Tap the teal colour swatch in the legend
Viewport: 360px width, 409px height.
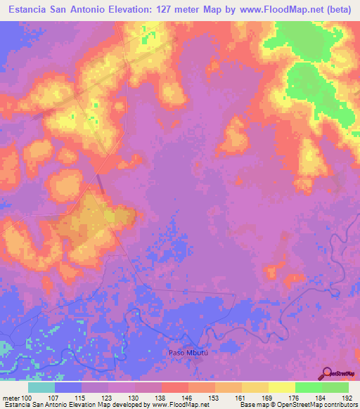[x=41, y=387]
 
